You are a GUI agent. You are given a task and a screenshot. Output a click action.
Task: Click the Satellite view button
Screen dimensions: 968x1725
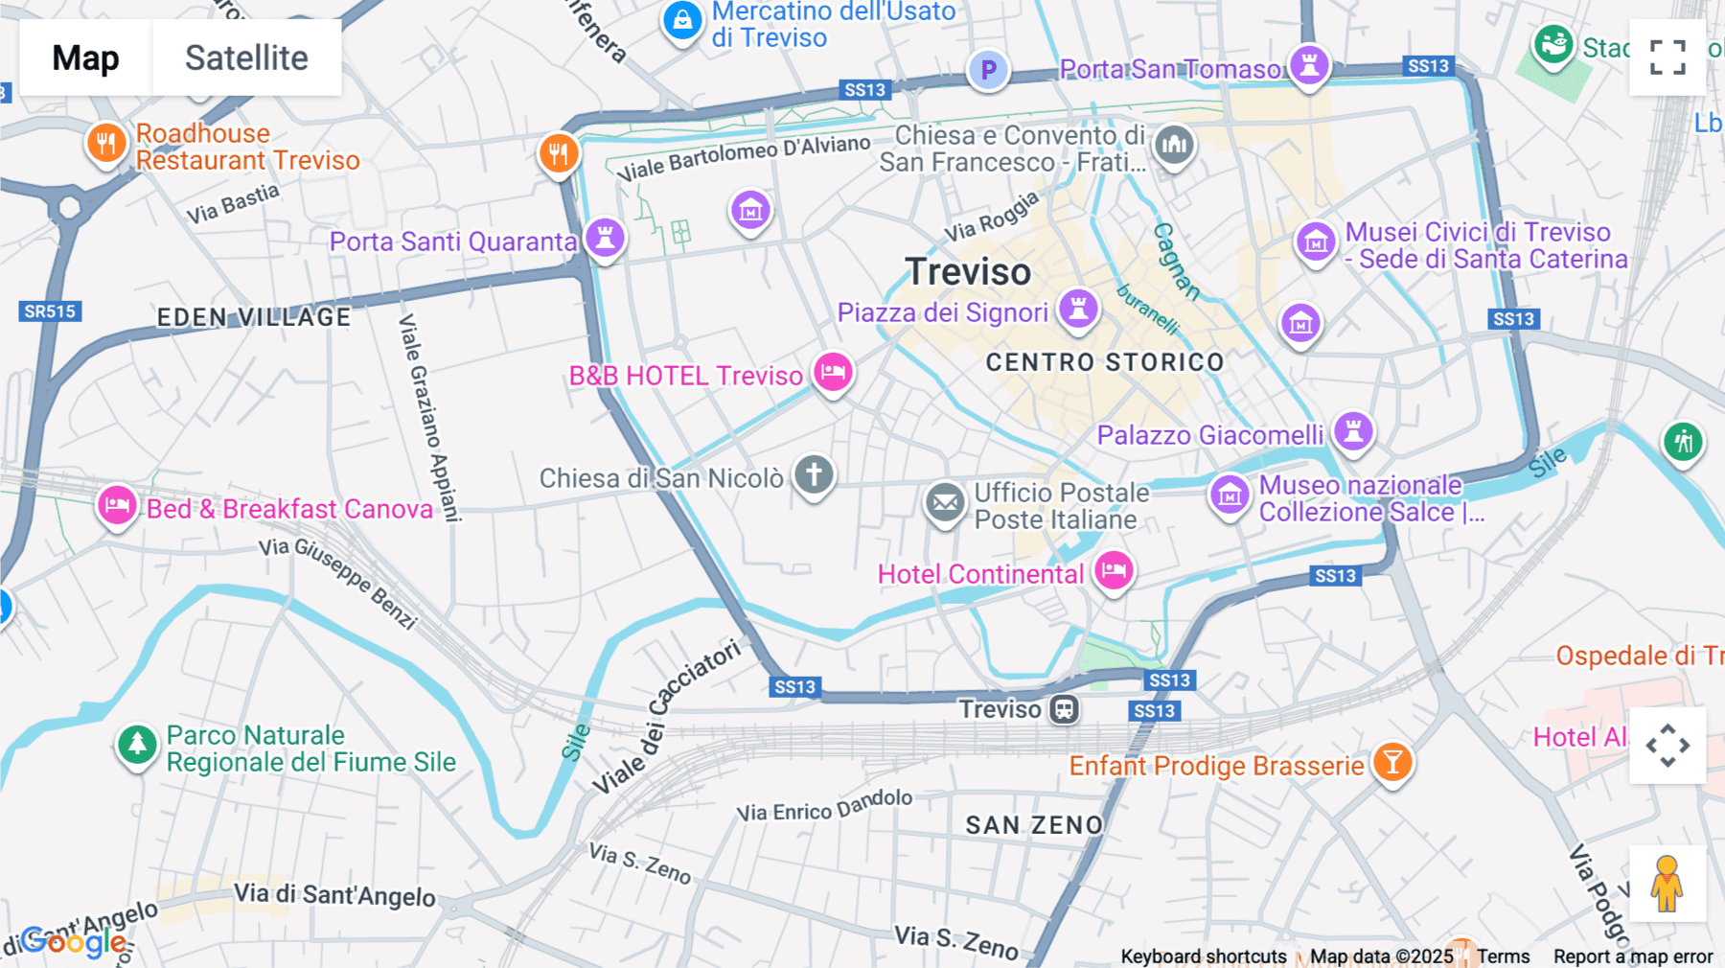tap(246, 58)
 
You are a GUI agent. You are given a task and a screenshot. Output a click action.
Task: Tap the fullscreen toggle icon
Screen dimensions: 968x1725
tap(1667, 58)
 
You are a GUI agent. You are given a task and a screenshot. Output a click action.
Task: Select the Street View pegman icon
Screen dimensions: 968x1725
tap(1667, 883)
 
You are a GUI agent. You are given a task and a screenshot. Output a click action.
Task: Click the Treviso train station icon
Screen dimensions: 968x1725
tap(1064, 709)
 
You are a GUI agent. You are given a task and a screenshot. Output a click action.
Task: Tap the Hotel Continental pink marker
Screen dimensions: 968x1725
tap(1113, 571)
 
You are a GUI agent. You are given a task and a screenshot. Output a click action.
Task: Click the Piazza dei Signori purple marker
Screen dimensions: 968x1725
tap(1078, 310)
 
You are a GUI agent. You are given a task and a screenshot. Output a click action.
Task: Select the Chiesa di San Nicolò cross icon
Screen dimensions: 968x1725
tap(814, 474)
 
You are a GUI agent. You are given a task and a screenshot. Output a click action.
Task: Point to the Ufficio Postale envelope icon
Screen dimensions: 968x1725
tap(945, 502)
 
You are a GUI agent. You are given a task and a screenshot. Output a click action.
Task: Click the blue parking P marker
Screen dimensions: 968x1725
tap(988, 70)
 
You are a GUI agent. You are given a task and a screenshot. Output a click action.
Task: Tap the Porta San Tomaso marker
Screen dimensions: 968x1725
tap(1309, 66)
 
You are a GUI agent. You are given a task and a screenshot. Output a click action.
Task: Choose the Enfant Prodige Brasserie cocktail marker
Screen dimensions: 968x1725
tap(1392, 763)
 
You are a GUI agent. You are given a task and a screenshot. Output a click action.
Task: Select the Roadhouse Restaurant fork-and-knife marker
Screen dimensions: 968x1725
tap(106, 144)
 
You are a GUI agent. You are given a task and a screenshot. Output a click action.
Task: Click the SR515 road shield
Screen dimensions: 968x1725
tap(50, 311)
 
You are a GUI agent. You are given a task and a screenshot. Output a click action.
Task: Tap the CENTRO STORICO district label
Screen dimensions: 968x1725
tap(1105, 362)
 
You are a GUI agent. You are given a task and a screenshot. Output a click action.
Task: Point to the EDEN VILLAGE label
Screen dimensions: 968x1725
tap(254, 317)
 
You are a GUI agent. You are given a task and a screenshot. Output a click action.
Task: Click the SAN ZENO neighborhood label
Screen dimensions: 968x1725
tap(1034, 825)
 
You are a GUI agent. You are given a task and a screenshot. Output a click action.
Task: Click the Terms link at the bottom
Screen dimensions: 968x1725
tap(1503, 956)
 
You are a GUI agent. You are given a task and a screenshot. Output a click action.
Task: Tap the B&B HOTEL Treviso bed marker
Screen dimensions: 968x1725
tap(833, 372)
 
